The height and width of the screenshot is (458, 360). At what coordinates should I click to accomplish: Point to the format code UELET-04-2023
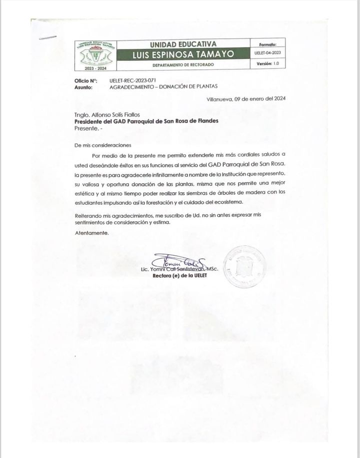pos(268,52)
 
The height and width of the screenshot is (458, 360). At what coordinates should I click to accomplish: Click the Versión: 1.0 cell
pos(267,64)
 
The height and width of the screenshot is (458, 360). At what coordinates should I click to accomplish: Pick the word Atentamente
pos(91,233)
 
